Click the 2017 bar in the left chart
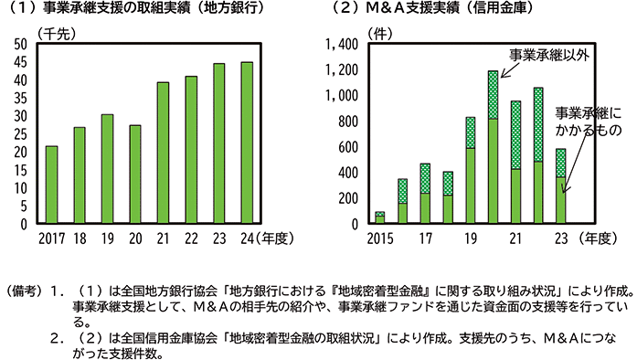[52, 184]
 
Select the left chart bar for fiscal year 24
[245, 142]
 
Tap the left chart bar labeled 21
[163, 152]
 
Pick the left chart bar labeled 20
[135, 174]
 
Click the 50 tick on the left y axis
[21, 44]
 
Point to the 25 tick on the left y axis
[21, 133]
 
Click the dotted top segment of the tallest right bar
[493, 94]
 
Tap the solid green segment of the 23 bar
[560, 199]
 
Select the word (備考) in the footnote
[23, 291]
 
